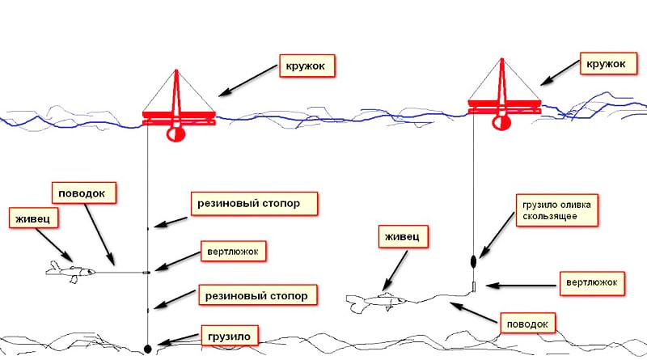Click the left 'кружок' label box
coord(307,66)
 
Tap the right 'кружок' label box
coord(608,64)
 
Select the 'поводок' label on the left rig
coord(84,193)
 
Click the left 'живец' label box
coord(33,218)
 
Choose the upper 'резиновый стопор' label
coord(254,203)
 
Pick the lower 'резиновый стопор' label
coord(258,294)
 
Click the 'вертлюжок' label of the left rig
coord(233,252)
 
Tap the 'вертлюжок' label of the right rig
coord(592,283)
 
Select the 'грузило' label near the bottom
coord(230,336)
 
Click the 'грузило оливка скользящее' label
coord(556,210)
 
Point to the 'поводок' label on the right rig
coord(527,324)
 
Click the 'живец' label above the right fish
coord(403,236)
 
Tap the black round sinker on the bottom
coord(147,349)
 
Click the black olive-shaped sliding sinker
coord(473,261)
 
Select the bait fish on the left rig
coord(70,272)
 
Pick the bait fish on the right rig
coord(375,302)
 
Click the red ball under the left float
coord(176,133)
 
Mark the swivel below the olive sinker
coord(474,286)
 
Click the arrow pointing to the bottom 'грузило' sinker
coord(178,339)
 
